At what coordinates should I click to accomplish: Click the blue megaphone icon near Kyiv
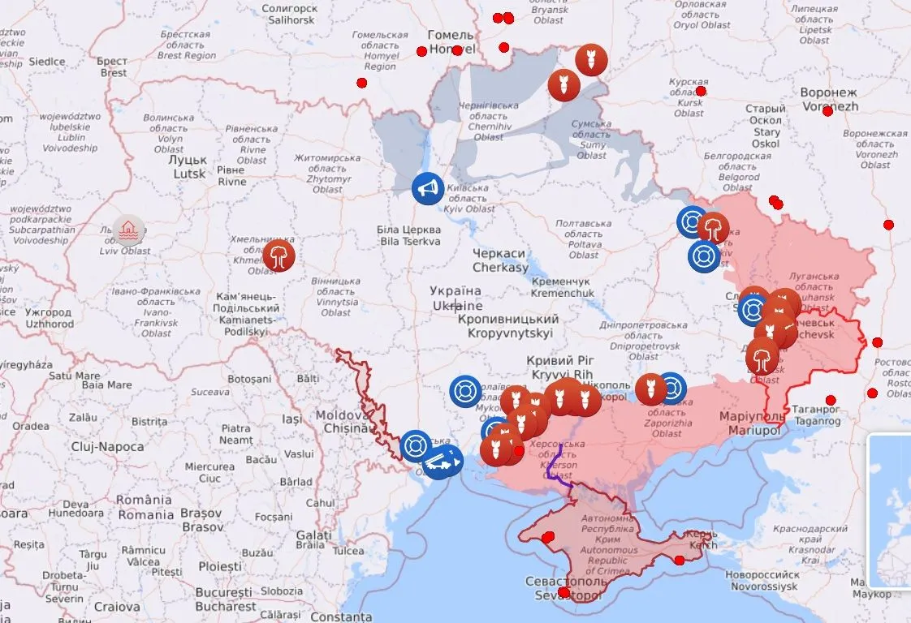click(x=427, y=189)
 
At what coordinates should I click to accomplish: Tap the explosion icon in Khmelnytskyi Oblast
click(x=279, y=256)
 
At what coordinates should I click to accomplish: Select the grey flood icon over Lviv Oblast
click(x=128, y=230)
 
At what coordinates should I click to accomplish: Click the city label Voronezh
click(x=828, y=99)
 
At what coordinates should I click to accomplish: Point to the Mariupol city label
click(x=753, y=423)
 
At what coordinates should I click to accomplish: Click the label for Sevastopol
click(x=565, y=589)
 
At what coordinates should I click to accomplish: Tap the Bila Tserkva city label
click(x=409, y=235)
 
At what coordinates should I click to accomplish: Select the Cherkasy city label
click(x=500, y=260)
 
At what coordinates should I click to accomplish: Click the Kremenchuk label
click(x=563, y=286)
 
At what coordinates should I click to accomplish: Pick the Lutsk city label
click(x=188, y=167)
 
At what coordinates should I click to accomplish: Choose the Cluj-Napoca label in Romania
click(x=107, y=447)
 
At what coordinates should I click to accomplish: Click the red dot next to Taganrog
click(x=830, y=400)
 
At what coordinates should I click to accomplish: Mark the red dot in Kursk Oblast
click(x=701, y=91)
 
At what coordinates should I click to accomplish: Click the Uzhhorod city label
click(x=48, y=317)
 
